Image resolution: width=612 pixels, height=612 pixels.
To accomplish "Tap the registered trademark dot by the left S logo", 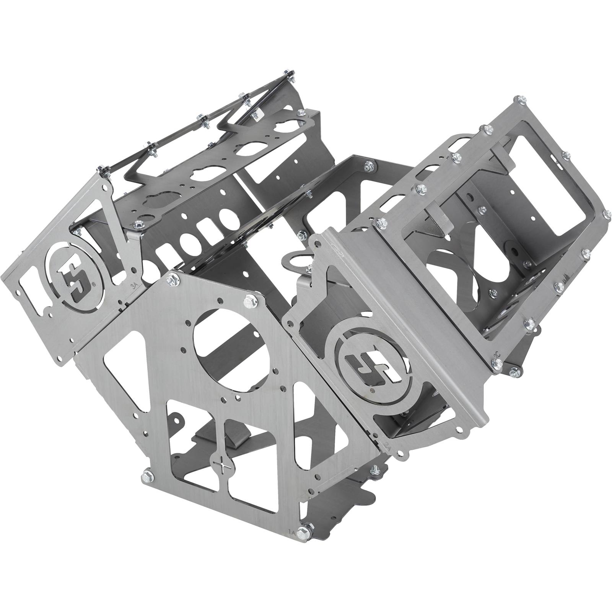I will [x=94, y=284].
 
